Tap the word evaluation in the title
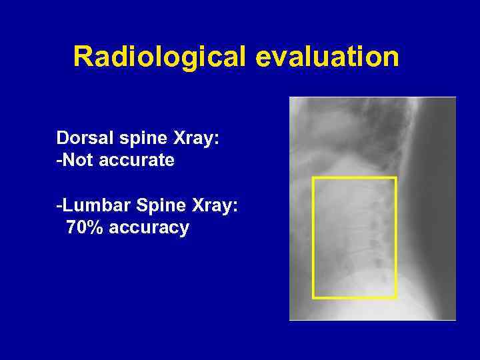pos(327,57)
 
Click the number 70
pos(76,228)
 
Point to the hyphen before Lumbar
pos(59,207)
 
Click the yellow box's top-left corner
pos(313,178)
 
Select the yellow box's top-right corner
pos(396,178)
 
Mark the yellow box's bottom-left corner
pos(313,297)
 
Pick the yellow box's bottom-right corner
pos(396,297)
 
